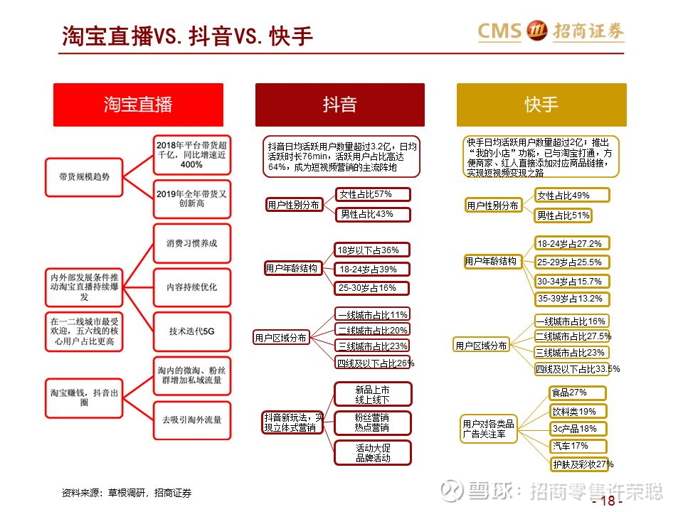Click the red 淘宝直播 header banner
tap(138, 105)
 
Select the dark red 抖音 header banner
tap(340, 105)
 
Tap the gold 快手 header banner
tap(541, 105)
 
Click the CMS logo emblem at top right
tap(536, 31)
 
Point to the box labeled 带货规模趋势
tap(84, 177)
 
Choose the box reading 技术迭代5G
tap(191, 331)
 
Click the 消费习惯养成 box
tap(191, 243)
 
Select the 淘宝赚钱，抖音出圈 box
tap(84, 398)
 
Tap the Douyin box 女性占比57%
tap(373, 195)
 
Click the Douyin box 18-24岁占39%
tap(371, 270)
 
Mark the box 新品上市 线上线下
tap(372, 394)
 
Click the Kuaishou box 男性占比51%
tap(563, 215)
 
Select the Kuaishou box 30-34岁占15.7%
tap(571, 282)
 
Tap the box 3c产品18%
tap(578, 429)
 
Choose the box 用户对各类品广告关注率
tap(488, 429)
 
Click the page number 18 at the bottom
tap(608, 501)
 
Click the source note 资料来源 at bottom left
tap(127, 493)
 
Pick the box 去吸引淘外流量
tap(191, 420)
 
